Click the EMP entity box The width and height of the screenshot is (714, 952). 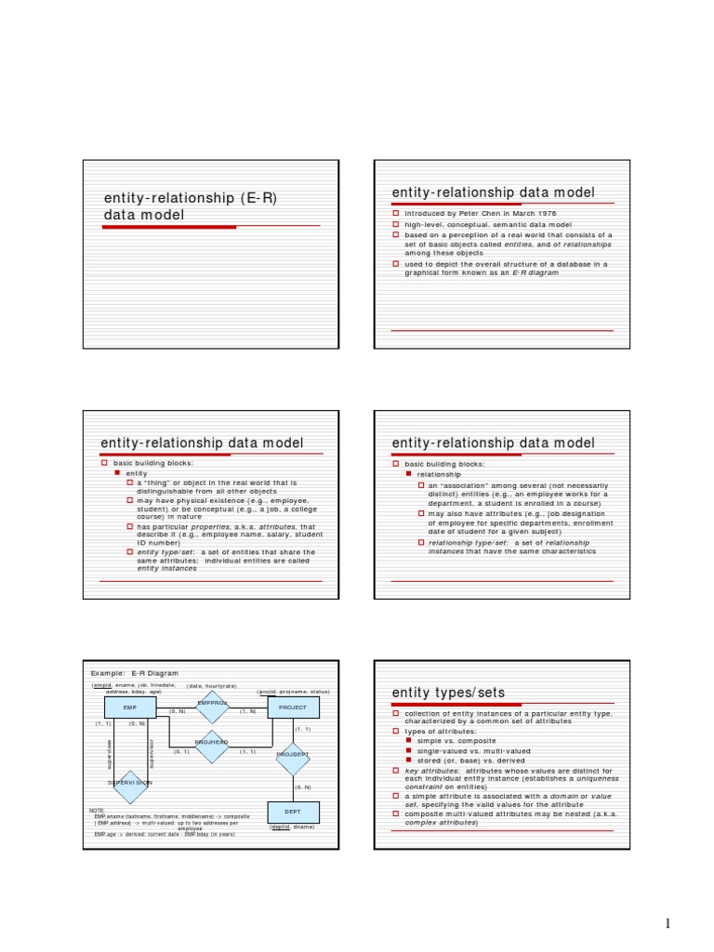pos(130,708)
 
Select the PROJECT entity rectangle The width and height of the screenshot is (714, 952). pos(293,708)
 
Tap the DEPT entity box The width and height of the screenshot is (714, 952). pos(293,812)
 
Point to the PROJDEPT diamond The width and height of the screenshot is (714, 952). pos(293,754)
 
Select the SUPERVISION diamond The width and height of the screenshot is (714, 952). pos(130,784)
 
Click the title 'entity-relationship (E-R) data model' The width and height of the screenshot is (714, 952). pos(191,206)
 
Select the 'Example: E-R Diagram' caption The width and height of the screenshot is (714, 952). pos(134,673)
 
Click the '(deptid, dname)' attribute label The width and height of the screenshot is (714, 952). pos(292,826)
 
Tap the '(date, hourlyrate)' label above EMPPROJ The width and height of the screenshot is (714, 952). pos(212,685)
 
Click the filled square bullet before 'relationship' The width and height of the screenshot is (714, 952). pos(409,474)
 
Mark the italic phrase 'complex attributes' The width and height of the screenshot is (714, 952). pos(440,822)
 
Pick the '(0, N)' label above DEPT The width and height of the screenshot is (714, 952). pos(302,787)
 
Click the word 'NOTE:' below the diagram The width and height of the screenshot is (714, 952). pos(98,810)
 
